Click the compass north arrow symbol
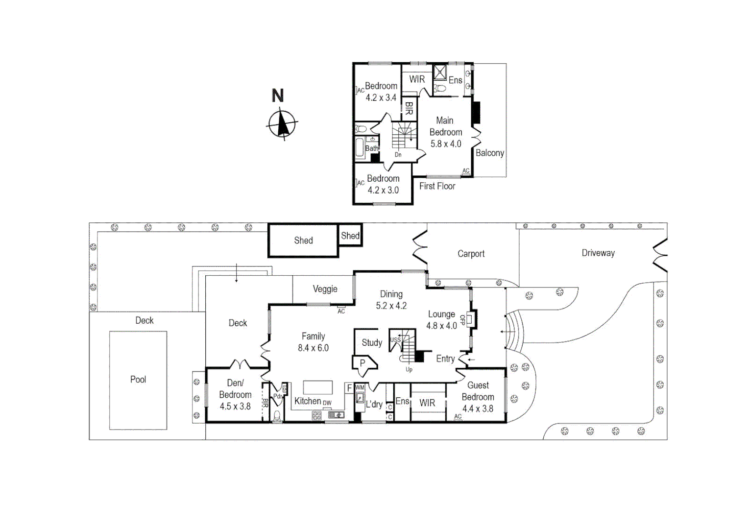282,123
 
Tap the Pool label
138,380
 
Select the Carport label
471,254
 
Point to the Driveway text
598,253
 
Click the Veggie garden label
325,289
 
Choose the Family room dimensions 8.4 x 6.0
313,348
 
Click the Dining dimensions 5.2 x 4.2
391,306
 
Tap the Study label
372,342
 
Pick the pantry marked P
362,363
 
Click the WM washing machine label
360,388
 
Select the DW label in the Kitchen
327,403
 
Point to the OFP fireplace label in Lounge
462,320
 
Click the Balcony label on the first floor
490,153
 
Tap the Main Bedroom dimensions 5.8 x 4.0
446,144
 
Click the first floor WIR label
417,79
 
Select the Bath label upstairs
372,148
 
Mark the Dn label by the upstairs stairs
398,155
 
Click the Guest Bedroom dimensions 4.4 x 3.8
478,409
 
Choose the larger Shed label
303,240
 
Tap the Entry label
445,359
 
